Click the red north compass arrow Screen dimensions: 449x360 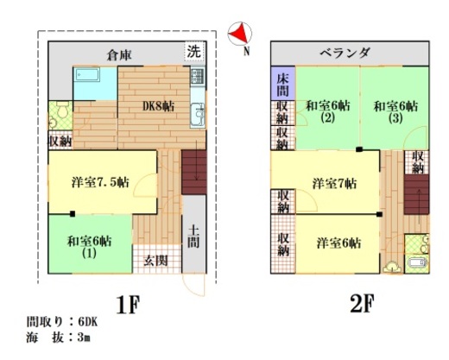pos(240,34)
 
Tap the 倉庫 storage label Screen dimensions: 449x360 pos(119,54)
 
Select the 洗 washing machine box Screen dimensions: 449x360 pos(194,51)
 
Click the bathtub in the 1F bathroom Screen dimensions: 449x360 pos(88,75)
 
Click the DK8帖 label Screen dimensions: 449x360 pos(158,106)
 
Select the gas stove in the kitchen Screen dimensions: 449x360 pos(198,76)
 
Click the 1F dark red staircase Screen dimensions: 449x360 pos(193,172)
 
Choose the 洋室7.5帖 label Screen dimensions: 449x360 pos(100,182)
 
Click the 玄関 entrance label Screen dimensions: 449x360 pos(155,261)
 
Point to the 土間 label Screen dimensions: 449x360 pos(193,237)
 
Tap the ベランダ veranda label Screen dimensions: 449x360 pos(345,53)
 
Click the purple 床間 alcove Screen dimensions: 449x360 pos(283,84)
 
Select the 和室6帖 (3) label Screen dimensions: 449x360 pos(395,111)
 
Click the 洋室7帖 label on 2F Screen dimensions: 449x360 pos(335,183)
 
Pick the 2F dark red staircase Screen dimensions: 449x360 pos(416,194)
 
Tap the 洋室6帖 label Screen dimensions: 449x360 pos(338,243)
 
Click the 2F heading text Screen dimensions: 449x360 pos(362,304)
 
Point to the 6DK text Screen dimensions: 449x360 pos(88,322)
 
